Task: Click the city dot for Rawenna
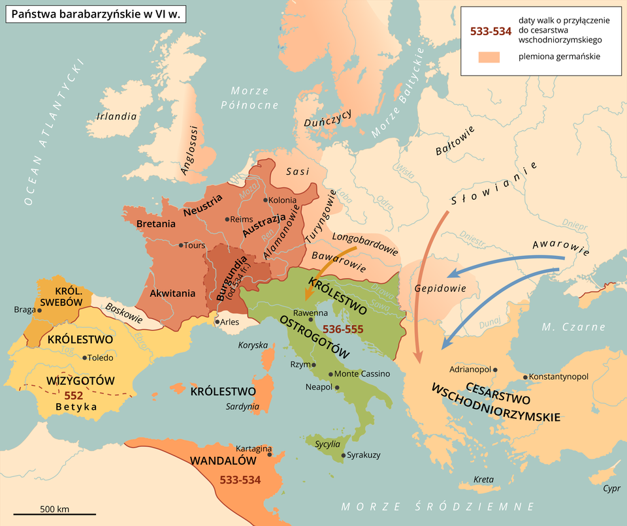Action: (310, 320)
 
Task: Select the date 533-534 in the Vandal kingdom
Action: (240, 480)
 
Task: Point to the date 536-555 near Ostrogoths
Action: (343, 328)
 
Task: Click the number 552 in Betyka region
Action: (73, 395)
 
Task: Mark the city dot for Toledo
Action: (85, 358)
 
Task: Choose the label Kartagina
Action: (253, 449)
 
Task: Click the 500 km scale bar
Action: (45, 514)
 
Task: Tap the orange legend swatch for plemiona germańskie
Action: (489, 57)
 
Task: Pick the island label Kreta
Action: (483, 480)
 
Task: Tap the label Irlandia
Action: (116, 117)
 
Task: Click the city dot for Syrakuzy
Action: (343, 455)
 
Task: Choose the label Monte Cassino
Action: (362, 374)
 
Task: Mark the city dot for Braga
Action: (40, 310)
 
